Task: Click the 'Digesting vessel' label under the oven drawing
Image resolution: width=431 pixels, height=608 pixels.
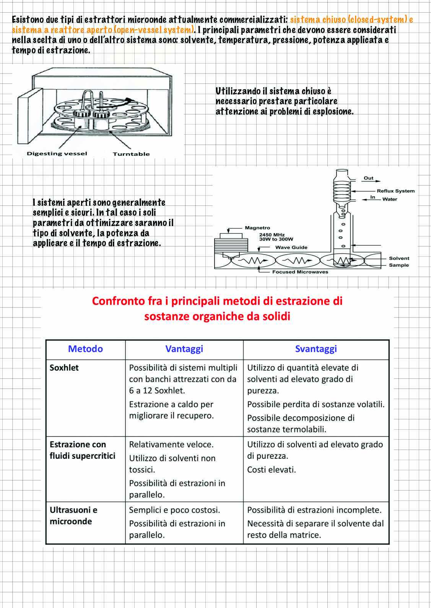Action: [x=57, y=153]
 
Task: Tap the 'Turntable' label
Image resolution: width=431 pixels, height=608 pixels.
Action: [x=131, y=154]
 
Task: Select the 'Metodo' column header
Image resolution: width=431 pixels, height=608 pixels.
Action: [x=85, y=349]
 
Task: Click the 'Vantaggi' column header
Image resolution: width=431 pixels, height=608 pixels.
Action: [x=184, y=349]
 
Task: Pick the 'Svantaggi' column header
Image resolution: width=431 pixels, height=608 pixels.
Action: [x=316, y=349]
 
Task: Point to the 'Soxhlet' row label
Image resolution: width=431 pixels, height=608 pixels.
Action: [x=64, y=367]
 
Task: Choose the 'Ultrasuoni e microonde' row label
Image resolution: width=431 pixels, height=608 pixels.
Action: [x=73, y=515]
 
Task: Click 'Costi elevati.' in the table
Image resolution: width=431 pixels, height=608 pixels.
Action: [x=271, y=469]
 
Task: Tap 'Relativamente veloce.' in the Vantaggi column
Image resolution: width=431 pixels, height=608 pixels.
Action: [x=171, y=445]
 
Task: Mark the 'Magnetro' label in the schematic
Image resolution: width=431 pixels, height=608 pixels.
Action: [x=257, y=228]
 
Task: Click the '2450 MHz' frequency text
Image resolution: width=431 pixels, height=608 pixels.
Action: [x=272, y=235]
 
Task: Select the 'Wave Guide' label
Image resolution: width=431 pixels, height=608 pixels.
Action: [x=291, y=247]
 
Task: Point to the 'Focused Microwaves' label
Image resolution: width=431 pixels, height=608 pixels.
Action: [x=300, y=272]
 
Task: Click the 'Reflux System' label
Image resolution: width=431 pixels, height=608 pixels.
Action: [x=396, y=191]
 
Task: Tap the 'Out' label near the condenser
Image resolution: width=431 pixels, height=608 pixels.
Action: [x=369, y=178]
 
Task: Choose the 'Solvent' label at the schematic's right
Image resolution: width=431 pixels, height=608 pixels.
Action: [x=399, y=258]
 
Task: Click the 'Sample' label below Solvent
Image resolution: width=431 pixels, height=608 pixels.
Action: [x=399, y=265]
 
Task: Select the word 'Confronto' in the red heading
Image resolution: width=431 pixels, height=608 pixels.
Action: [x=127, y=301]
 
